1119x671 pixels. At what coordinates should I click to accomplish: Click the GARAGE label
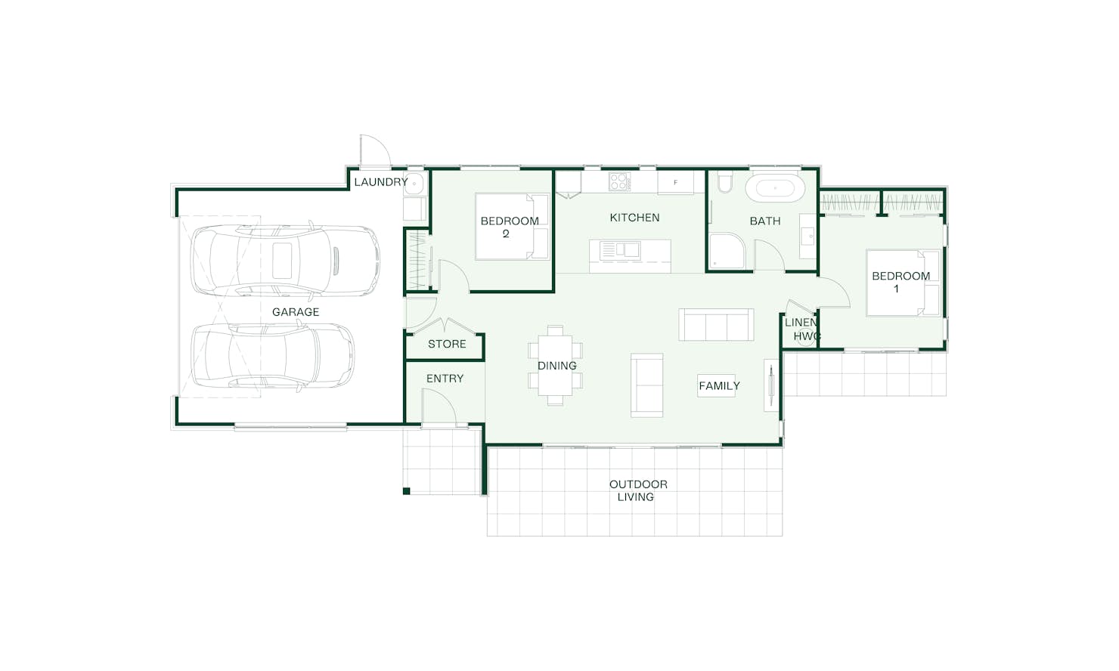click(x=295, y=312)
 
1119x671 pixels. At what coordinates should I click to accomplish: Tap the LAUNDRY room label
click(x=381, y=181)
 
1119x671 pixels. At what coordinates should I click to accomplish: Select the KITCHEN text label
click(x=634, y=218)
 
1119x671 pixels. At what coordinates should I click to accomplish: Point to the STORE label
click(x=447, y=344)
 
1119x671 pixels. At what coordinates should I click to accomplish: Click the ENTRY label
click(x=445, y=379)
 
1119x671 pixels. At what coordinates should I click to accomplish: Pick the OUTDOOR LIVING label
click(x=638, y=490)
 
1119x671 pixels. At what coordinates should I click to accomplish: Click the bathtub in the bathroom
click(x=775, y=187)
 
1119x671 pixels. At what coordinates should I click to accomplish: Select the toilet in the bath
click(x=725, y=182)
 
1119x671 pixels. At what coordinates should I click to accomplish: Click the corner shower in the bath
click(x=727, y=251)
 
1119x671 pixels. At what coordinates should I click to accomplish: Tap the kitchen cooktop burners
click(x=619, y=181)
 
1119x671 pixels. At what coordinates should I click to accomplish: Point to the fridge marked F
click(x=675, y=183)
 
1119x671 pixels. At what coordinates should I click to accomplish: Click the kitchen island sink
click(x=621, y=249)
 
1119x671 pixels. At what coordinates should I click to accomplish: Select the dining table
click(x=555, y=366)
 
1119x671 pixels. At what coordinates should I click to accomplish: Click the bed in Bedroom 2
click(x=512, y=227)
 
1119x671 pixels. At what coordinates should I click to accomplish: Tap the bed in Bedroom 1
click(x=904, y=283)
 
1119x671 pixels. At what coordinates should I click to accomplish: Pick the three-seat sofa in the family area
click(x=716, y=324)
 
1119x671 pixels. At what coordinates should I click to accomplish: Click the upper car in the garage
click(x=285, y=261)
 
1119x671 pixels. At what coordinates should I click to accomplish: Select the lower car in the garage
click(x=272, y=355)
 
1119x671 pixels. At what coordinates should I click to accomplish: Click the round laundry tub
click(x=414, y=184)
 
